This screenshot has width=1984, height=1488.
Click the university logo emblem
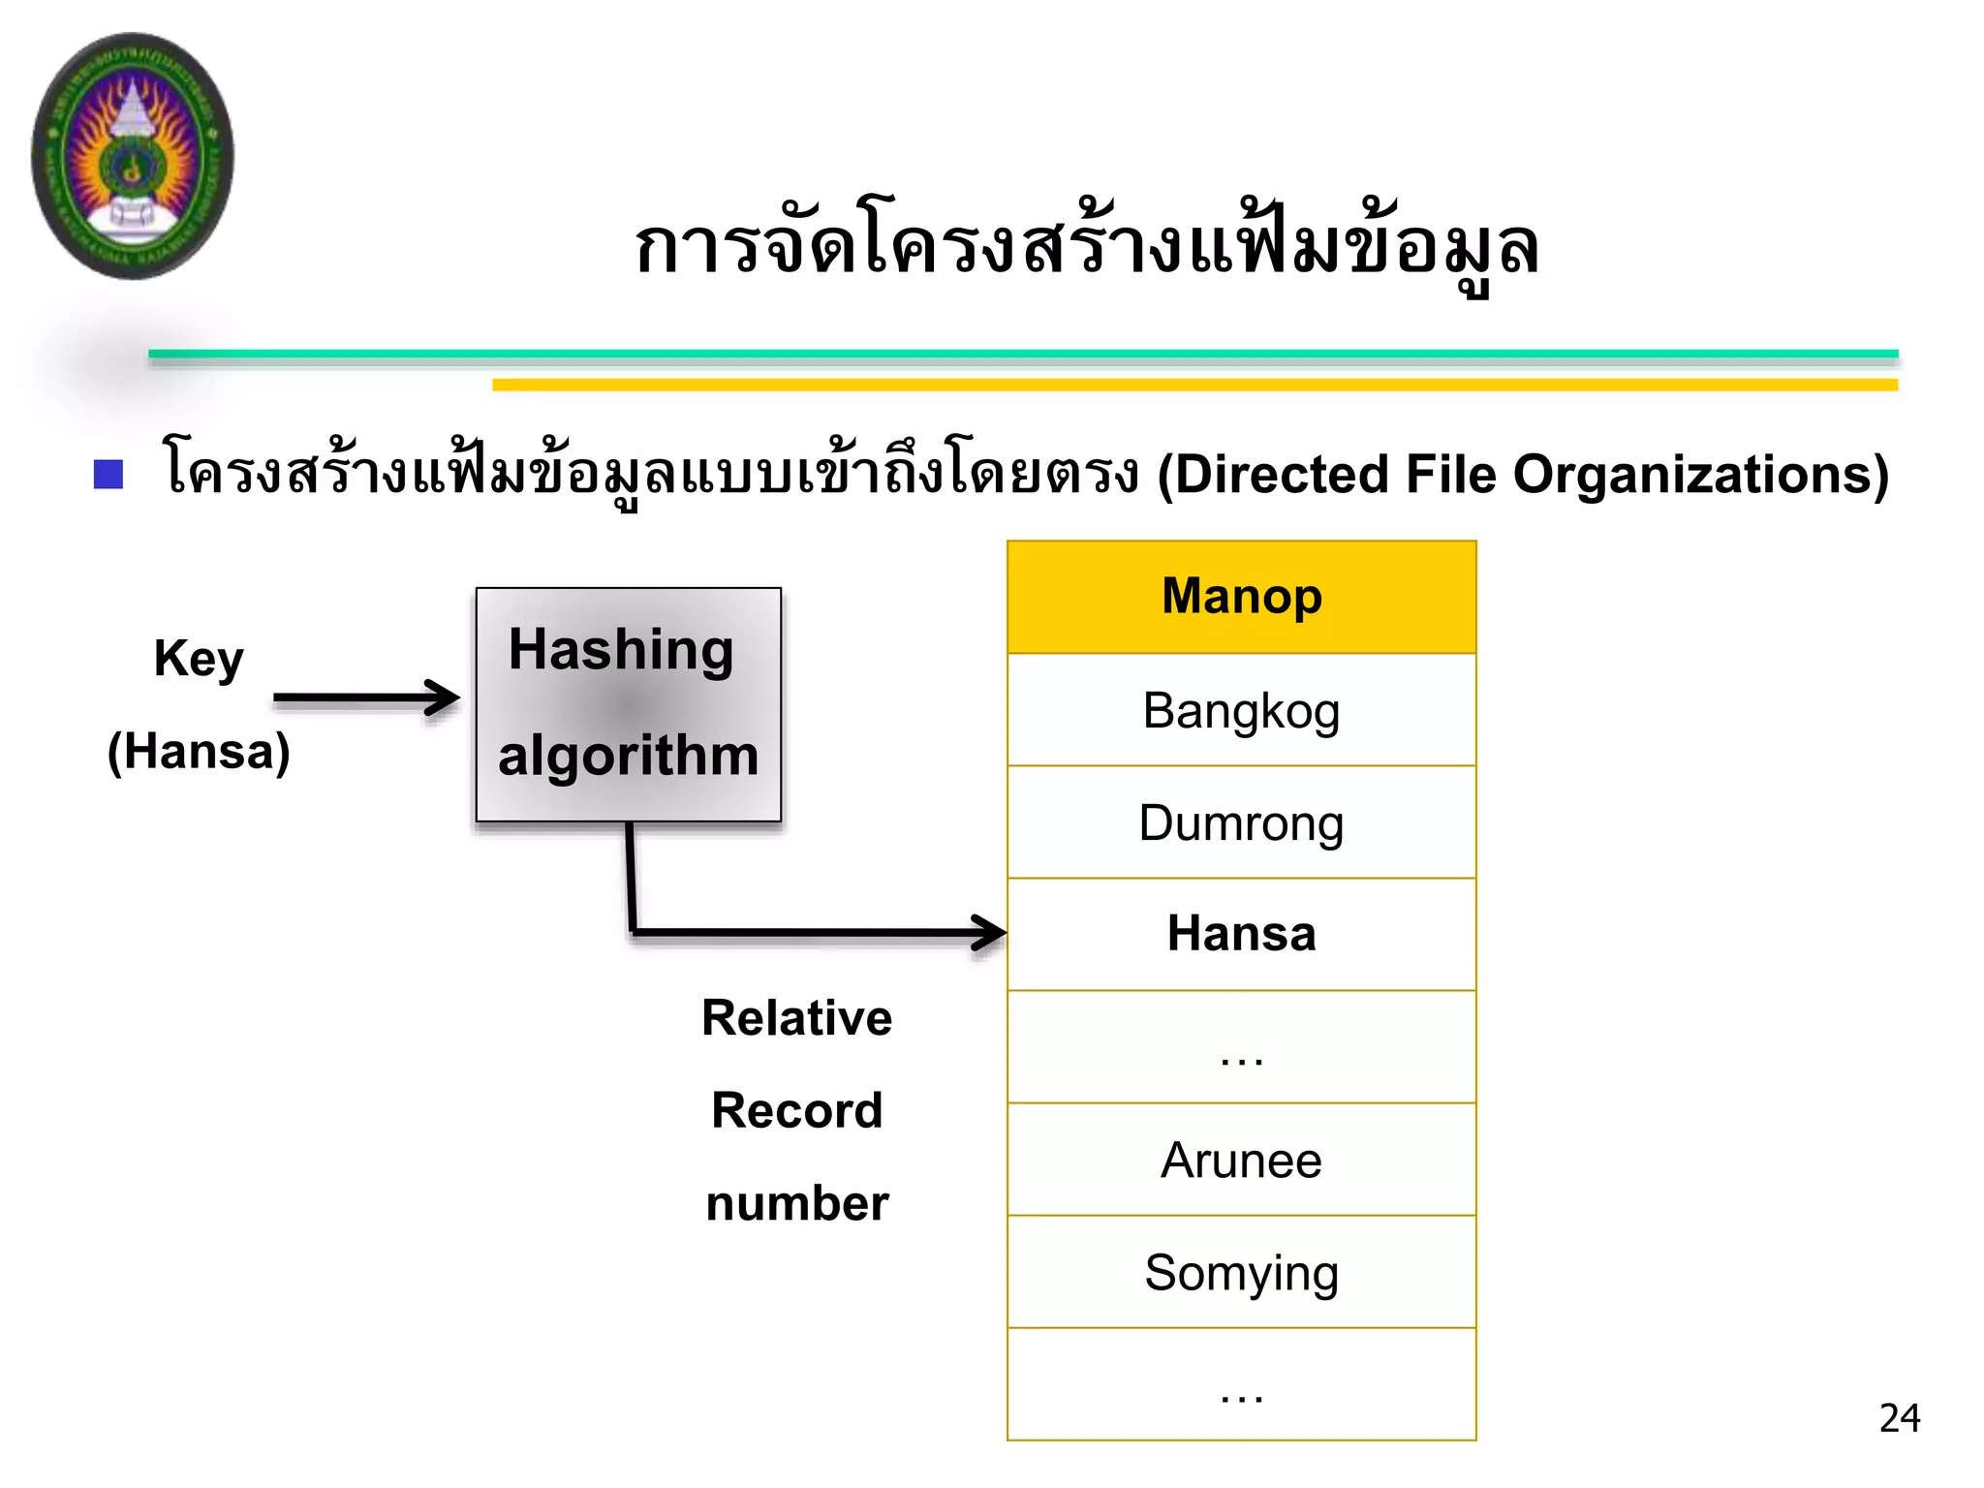(x=133, y=156)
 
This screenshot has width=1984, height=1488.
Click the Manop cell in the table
(x=1241, y=596)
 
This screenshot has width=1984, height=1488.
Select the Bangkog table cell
(x=1241, y=710)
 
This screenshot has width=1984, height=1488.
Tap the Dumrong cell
(x=1241, y=822)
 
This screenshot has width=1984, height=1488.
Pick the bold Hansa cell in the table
(x=1241, y=934)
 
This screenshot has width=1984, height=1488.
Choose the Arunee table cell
(x=1241, y=1160)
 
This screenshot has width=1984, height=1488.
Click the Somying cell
(x=1241, y=1272)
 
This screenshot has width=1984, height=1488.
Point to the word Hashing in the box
(x=621, y=649)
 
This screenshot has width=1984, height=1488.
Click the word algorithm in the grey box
(x=628, y=755)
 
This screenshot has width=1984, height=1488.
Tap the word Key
(x=199, y=659)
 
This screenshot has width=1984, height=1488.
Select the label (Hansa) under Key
(x=199, y=752)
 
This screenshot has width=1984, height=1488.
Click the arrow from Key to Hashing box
(x=366, y=697)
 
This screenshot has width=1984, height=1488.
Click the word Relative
(x=796, y=1018)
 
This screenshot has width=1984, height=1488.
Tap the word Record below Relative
(x=796, y=1110)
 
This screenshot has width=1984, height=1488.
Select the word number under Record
(x=796, y=1203)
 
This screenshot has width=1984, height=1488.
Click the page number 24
(x=1899, y=1418)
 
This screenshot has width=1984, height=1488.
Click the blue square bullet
(x=108, y=475)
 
